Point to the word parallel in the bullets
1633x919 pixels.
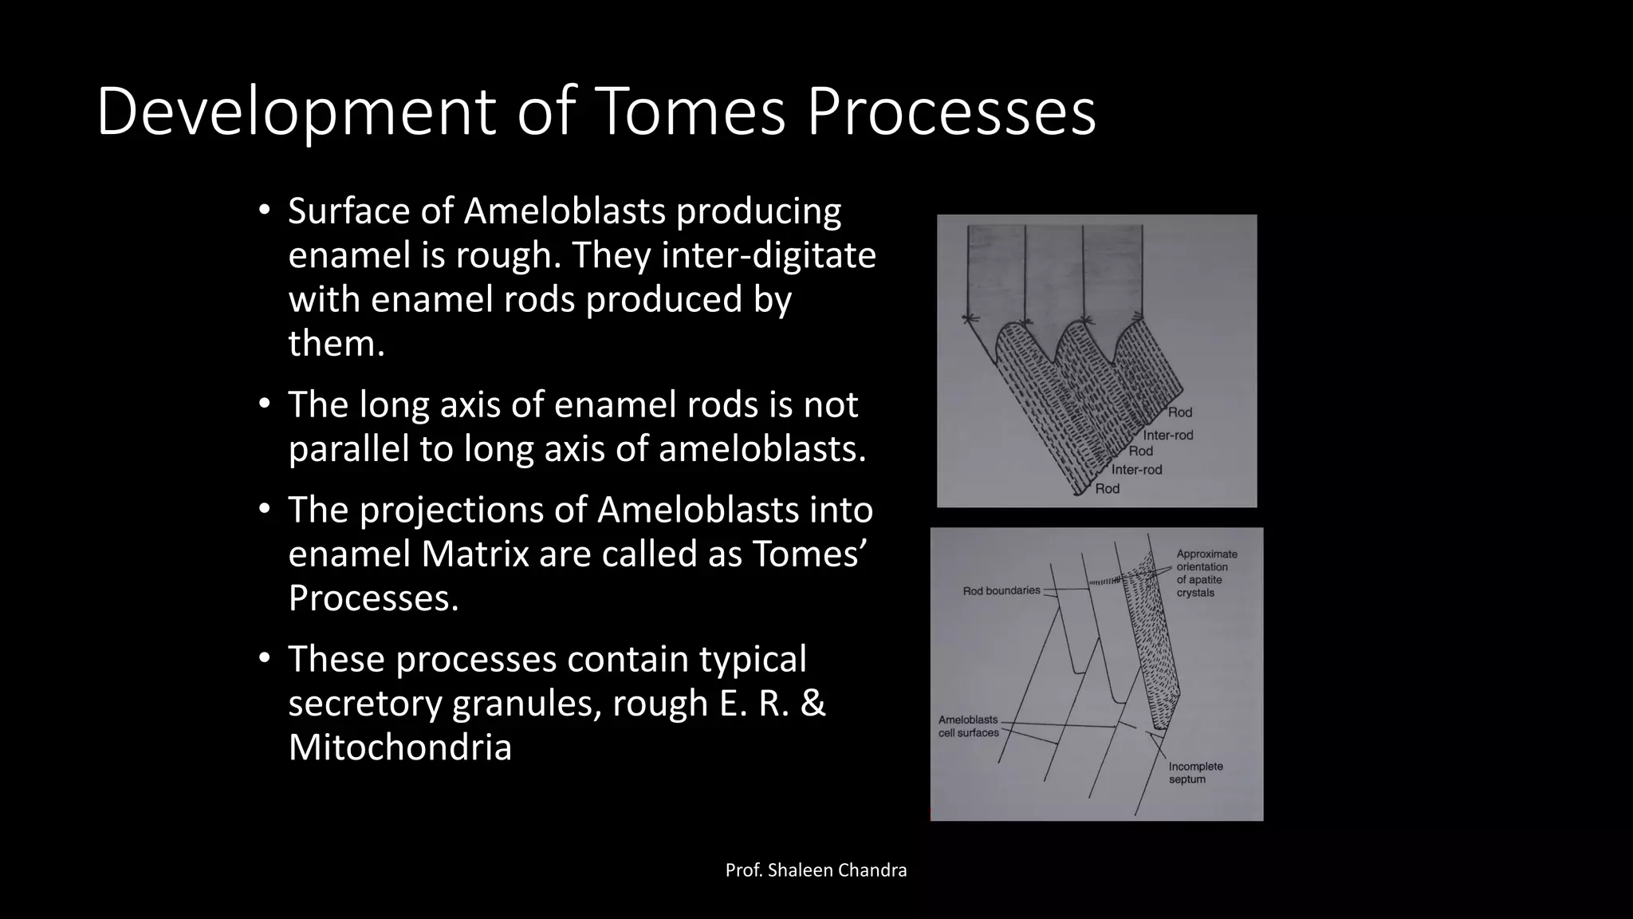point(348,449)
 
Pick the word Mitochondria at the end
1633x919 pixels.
point(399,747)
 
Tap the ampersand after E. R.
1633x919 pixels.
point(813,704)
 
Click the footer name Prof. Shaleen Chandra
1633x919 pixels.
point(816,870)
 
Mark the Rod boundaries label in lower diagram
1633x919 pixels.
point(1001,591)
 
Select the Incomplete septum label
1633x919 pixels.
point(1195,772)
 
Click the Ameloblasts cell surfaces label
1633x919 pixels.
point(968,726)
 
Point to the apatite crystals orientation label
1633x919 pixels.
point(1206,574)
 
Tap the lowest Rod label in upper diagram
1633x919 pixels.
point(1107,489)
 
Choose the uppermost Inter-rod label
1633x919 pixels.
point(1168,436)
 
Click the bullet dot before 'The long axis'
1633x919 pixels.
point(264,404)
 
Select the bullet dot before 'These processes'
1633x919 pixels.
point(264,659)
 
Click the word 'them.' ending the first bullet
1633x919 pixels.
point(336,344)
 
